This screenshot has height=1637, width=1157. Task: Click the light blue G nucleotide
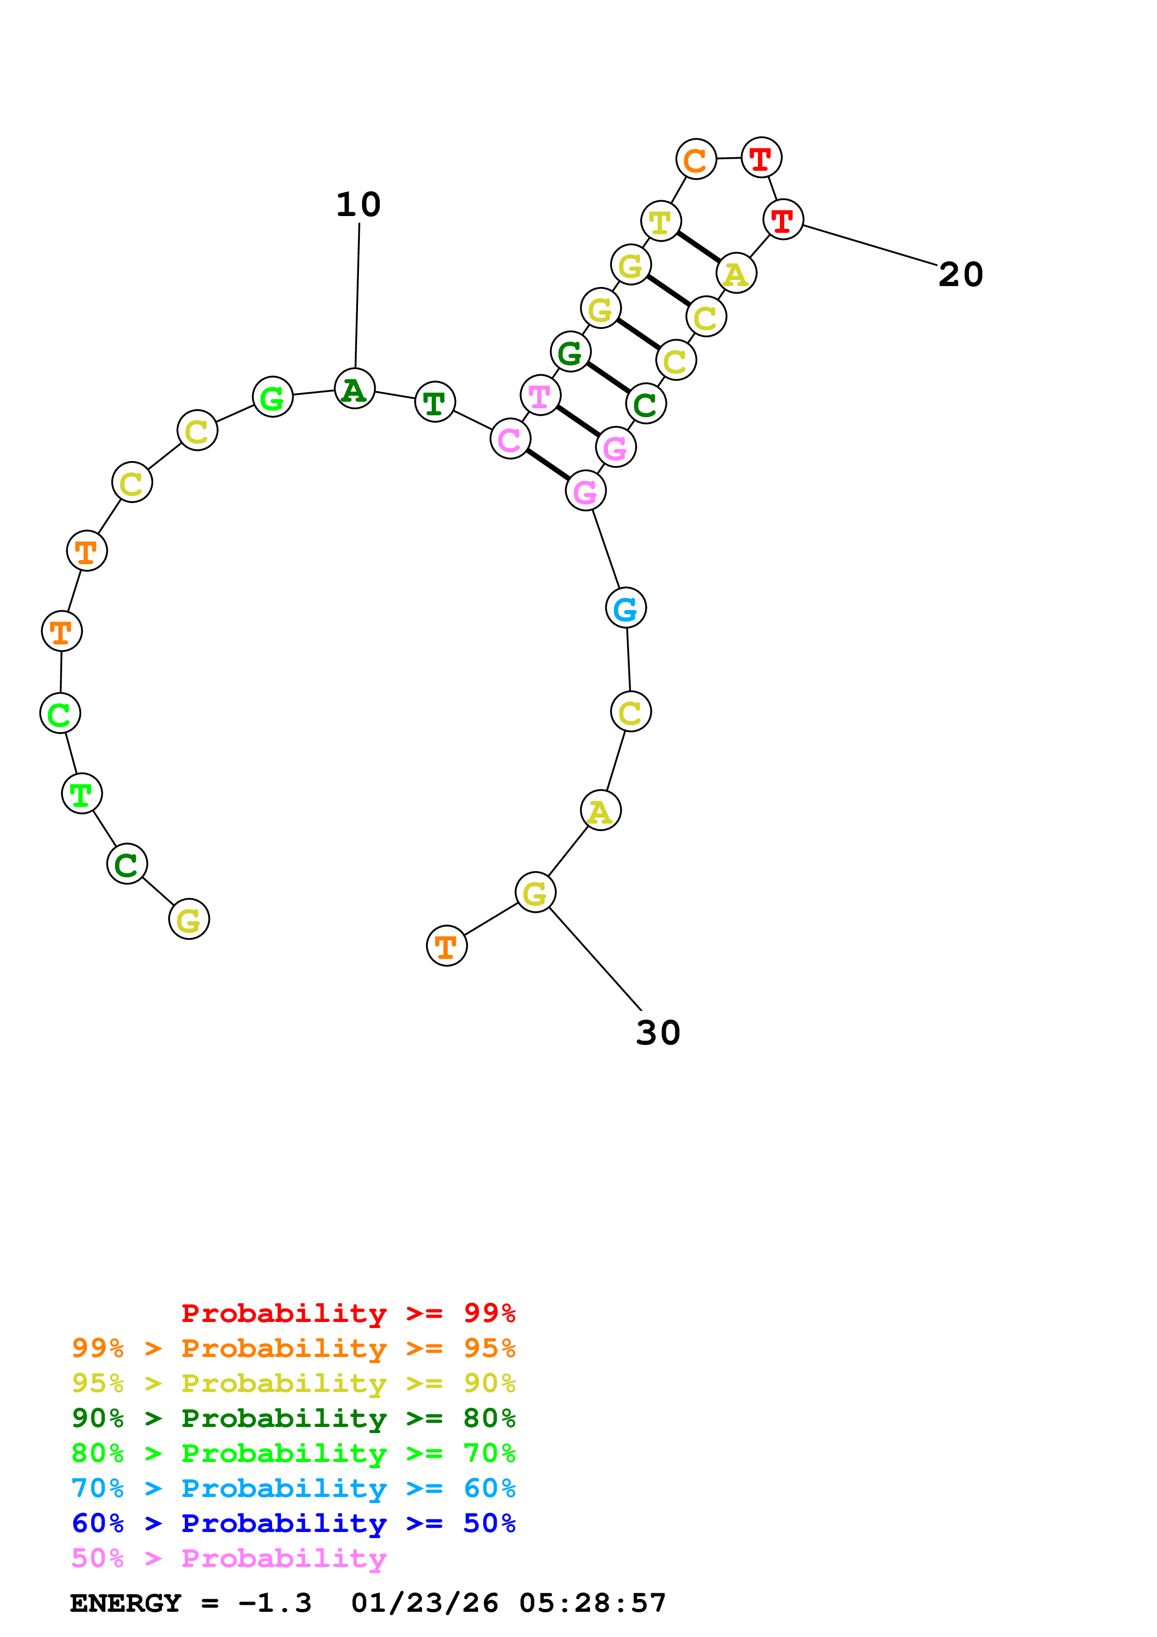click(625, 608)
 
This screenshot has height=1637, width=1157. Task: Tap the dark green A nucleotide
click(354, 389)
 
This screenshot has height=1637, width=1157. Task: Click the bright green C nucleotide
click(60, 713)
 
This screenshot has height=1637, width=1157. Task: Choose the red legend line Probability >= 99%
click(348, 1313)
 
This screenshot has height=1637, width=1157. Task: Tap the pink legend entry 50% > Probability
click(228, 1559)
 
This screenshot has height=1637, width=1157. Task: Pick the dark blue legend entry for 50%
click(293, 1524)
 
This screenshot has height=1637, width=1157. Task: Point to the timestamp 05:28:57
click(592, 1603)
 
